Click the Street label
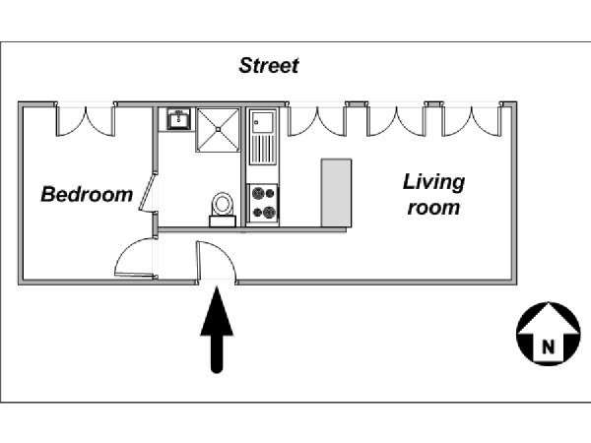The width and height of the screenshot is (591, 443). click(x=269, y=66)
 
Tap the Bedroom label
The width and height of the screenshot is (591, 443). click(x=87, y=194)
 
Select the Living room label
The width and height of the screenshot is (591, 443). click(x=433, y=194)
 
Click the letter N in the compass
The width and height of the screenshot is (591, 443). click(x=549, y=346)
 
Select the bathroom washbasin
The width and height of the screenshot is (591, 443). click(x=179, y=119)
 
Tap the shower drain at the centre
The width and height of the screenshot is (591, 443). click(x=218, y=129)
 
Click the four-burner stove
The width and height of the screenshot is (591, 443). click(x=263, y=204)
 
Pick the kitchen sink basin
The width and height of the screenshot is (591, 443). click(x=263, y=122)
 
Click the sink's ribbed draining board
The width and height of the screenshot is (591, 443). click(x=263, y=149)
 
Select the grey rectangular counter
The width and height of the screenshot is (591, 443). click(x=336, y=193)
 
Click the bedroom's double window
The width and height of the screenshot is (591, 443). click(x=85, y=120)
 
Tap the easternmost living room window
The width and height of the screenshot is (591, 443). click(x=472, y=120)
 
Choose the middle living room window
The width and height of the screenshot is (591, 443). click(x=396, y=120)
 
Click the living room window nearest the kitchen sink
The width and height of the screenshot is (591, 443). click(x=316, y=120)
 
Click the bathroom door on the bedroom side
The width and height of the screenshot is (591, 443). click(x=148, y=191)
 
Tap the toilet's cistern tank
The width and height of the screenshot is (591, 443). click(x=223, y=221)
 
